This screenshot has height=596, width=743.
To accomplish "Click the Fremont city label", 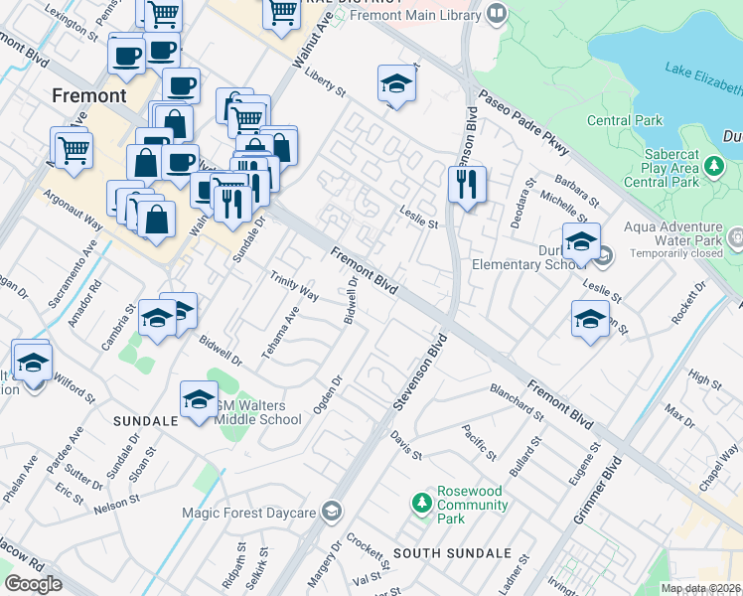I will point(89,96).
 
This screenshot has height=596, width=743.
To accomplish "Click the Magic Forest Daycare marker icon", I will point(332,513).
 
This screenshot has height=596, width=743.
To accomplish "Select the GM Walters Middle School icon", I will point(199,400).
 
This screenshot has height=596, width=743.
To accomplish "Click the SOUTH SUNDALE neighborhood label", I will point(452,552).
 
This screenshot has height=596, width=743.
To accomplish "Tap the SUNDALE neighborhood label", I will point(145,421).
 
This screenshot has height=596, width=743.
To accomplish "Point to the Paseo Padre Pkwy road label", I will point(524,121).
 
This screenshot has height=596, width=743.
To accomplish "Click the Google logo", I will point(33,584).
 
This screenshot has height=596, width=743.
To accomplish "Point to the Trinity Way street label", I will point(294,282).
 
